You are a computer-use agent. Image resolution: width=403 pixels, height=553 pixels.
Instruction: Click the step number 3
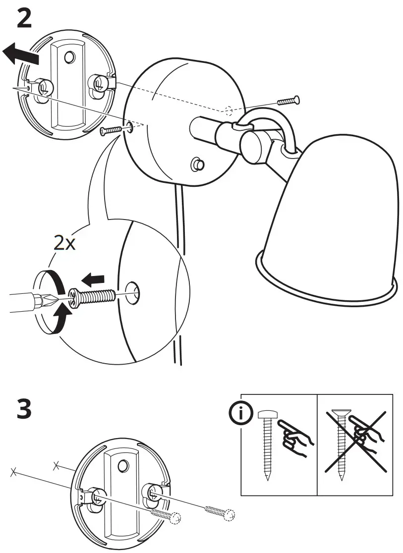coord(24,411)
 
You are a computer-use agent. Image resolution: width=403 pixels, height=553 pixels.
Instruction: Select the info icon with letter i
coord(241,414)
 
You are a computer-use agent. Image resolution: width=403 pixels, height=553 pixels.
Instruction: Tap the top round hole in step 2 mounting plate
coord(69,57)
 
